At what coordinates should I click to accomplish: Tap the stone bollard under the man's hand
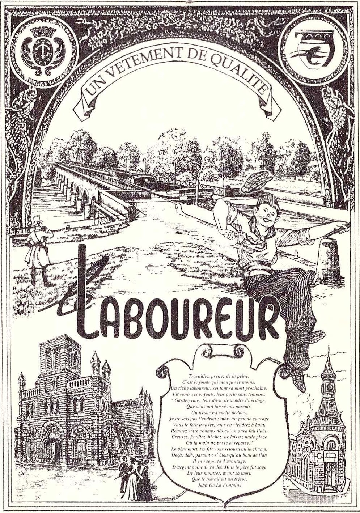(330, 260)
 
